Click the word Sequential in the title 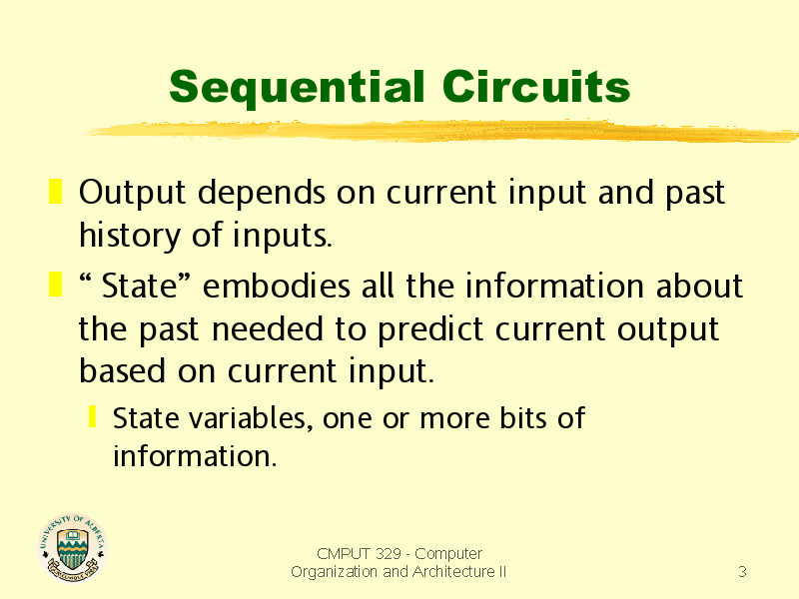297,88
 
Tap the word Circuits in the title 536,86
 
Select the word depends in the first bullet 262,194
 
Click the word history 130,236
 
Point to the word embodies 277,286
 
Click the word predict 430,329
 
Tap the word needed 267,328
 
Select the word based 122,370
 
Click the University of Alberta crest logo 73,547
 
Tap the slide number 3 742,571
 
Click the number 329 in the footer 388,553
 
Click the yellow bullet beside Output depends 55,191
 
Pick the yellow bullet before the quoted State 55,285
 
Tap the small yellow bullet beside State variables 92,416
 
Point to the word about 699,286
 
